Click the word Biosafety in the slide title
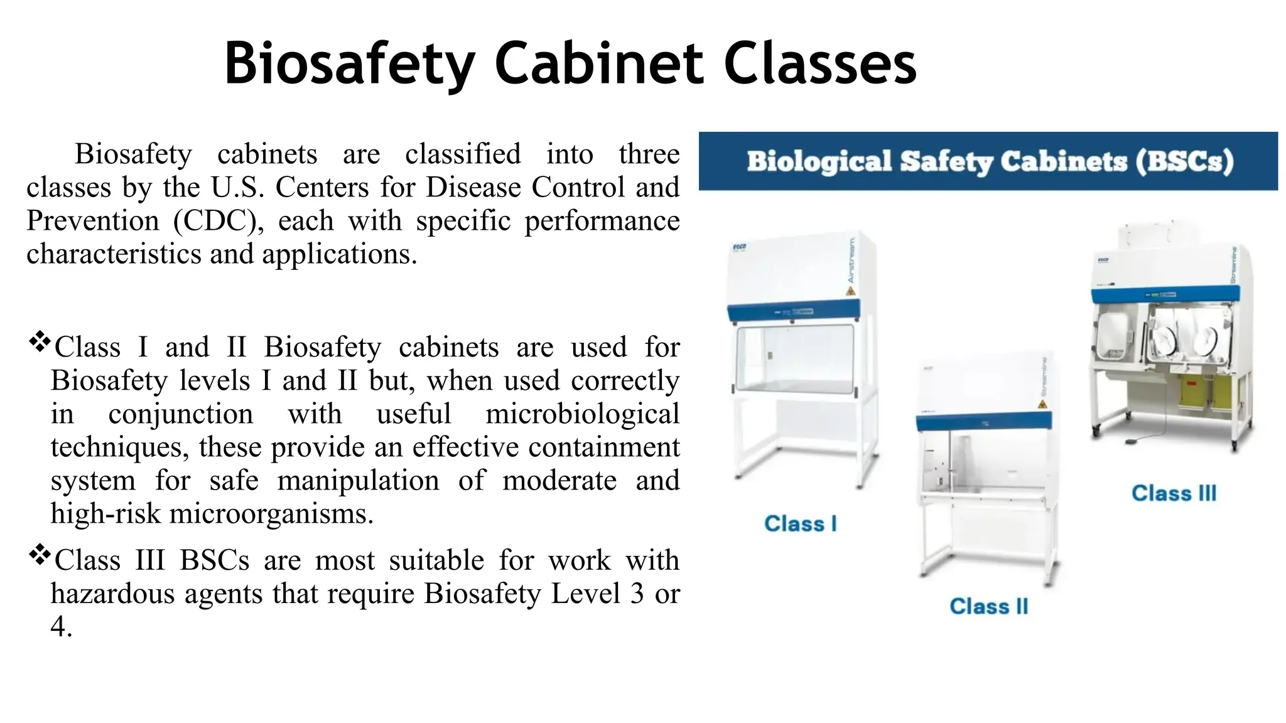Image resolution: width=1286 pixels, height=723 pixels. [x=349, y=63]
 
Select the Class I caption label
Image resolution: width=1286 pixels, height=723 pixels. [x=800, y=523]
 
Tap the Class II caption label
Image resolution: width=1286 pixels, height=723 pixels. [x=988, y=606]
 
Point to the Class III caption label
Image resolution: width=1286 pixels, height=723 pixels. [x=1174, y=493]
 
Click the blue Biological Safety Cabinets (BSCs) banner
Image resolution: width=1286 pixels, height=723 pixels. [x=988, y=161]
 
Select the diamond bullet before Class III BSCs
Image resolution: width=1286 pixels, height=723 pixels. [x=40, y=554]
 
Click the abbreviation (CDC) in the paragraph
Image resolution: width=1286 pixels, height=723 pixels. [x=215, y=221]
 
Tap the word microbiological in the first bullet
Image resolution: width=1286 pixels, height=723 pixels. [x=582, y=414]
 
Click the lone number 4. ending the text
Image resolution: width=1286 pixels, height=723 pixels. [x=61, y=627]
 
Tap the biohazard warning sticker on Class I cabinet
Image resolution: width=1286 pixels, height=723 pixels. [x=850, y=291]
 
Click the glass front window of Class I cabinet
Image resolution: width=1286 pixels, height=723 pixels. [x=796, y=360]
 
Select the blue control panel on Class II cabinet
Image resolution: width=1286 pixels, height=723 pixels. [x=983, y=421]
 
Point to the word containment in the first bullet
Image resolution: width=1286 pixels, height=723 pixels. [x=603, y=447]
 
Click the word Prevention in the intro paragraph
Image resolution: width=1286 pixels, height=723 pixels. [x=93, y=221]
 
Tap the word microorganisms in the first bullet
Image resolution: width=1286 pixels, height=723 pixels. [x=271, y=514]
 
